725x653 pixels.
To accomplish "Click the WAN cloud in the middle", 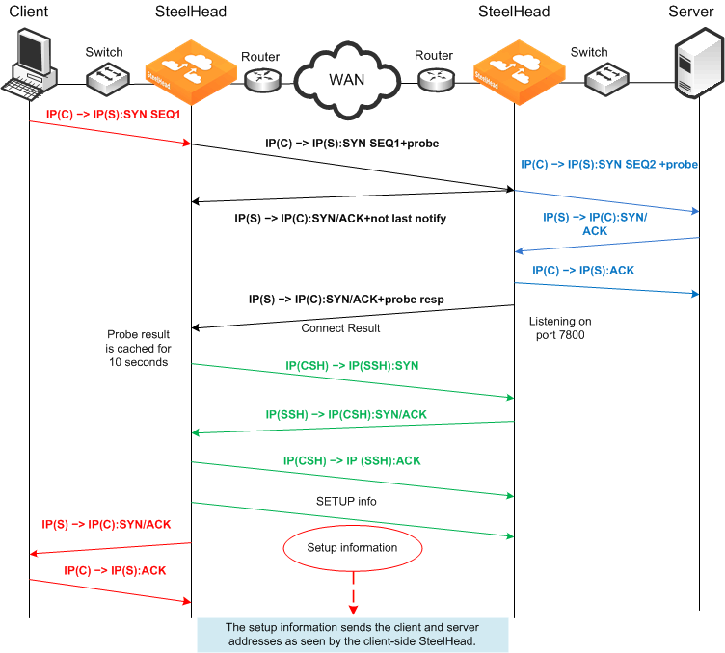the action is coord(347,80).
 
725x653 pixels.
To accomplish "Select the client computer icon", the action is coord(30,63).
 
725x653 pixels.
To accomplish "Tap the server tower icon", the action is coord(699,63).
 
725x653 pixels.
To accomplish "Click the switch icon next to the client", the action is coord(107,79).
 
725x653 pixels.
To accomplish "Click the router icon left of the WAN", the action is coord(262,80).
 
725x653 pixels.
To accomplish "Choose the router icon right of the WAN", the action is coord(436,80).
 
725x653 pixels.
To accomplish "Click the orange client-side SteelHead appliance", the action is coord(191,72).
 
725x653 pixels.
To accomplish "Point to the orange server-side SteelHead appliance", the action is coord(520,72).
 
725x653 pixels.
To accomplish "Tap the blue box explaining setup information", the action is coord(352,635).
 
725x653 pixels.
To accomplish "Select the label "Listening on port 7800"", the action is coord(560,327).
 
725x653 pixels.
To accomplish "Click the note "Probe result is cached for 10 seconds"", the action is coord(138,349).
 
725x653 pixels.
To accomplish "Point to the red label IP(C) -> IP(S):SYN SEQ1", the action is coord(114,115).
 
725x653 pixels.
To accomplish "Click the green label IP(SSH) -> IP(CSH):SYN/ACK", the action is coord(346,415).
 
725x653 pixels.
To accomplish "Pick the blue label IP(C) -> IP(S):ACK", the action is coord(583,271).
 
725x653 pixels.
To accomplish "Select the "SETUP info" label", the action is coord(346,502).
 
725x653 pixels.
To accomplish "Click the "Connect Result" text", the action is coord(340,328).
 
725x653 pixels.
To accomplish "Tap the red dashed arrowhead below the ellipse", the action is coord(353,610).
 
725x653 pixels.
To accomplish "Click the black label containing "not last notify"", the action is coord(340,219).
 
